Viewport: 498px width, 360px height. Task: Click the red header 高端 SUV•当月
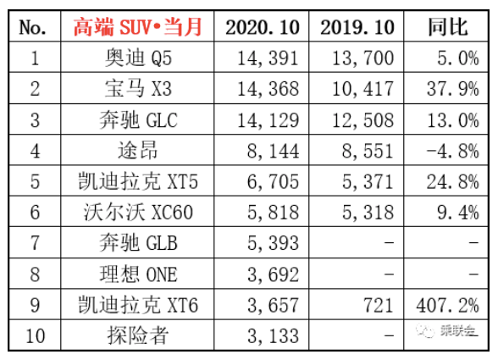[137, 27]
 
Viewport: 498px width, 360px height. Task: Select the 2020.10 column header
[263, 27]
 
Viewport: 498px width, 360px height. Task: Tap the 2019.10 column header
[357, 27]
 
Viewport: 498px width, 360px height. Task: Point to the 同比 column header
[447, 27]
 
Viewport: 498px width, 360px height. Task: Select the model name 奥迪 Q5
[138, 58]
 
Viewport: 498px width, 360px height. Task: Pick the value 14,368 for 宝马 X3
[268, 89]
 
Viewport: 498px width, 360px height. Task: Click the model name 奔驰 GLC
[138, 120]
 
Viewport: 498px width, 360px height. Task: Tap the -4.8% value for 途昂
[452, 151]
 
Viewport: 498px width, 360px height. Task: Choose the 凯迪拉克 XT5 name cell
[138, 181]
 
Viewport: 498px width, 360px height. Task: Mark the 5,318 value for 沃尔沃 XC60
[368, 213]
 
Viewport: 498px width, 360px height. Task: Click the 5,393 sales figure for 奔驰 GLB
[273, 243]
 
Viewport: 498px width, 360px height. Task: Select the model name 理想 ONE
[138, 274]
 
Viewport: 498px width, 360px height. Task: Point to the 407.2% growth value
[447, 305]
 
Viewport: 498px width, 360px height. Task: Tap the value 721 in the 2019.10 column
[379, 305]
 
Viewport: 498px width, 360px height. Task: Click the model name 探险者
[137, 335]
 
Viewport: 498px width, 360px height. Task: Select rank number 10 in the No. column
[35, 336]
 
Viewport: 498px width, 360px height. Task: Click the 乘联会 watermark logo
[446, 330]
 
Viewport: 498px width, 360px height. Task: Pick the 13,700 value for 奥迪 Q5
[362, 58]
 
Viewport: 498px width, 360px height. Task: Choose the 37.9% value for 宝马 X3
[452, 89]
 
